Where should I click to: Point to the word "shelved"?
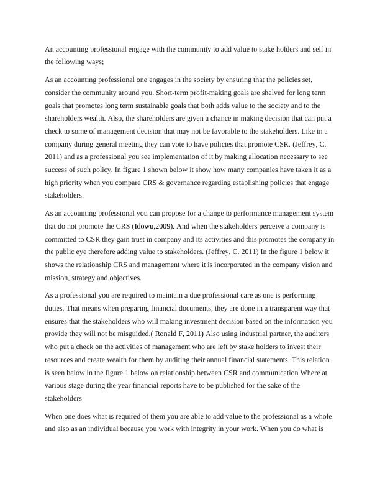(x=294, y=93)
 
